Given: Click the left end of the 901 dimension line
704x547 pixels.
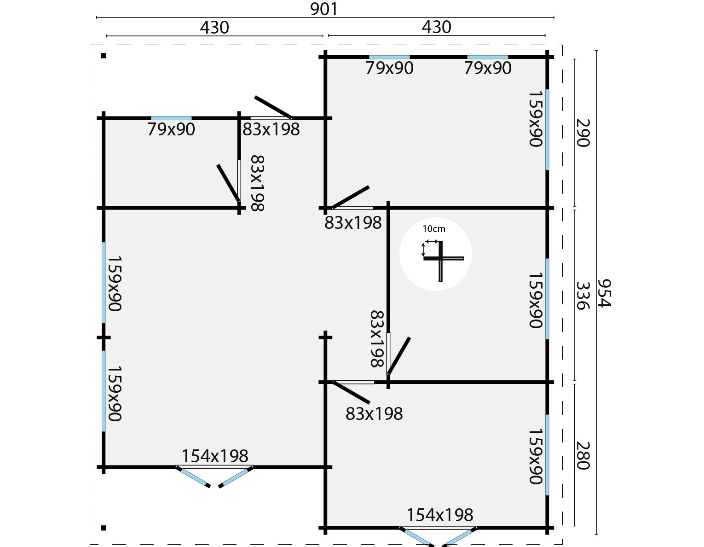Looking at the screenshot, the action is point(97,17).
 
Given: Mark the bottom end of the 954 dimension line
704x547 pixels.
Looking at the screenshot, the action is point(596,534).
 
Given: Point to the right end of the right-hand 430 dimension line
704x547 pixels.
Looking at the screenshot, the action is point(545,35).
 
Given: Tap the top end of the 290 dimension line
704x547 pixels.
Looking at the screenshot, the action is point(575,59).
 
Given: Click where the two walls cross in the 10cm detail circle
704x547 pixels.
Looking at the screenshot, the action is point(441,258).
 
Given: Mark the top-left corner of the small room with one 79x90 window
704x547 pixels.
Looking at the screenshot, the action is point(104,118).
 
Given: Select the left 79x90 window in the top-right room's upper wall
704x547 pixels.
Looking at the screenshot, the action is point(389,58).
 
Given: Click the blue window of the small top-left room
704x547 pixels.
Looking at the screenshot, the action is point(171,118).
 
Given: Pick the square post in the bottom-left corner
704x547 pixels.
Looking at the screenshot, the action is point(104,528).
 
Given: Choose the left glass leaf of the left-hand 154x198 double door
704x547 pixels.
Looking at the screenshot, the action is point(193,477).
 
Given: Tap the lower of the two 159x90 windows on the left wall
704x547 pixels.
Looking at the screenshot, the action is point(104,391).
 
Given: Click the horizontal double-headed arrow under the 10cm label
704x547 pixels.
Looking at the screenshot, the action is point(432,241).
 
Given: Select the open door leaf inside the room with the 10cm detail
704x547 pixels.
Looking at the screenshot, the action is point(399,356).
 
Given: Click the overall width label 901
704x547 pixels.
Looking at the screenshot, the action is point(324,9).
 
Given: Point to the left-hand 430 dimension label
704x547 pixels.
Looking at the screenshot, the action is point(214,28).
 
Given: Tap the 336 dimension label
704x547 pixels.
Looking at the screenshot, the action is point(583,295).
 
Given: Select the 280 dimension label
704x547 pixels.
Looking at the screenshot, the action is point(583,456).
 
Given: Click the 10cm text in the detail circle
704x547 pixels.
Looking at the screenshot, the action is point(434,229).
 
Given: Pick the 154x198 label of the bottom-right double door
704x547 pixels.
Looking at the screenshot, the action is point(439,515).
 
